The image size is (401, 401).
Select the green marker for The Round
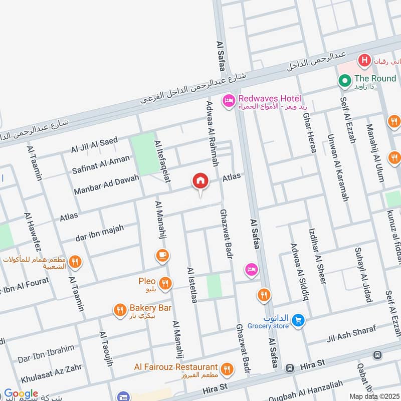(x=344, y=80)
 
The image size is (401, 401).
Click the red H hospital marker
(x=364, y=61)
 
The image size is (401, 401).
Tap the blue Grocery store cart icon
(x=298, y=320)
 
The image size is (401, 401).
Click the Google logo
(x=21, y=394)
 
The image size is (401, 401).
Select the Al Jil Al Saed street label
(x=94, y=145)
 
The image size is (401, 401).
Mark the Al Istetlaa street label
(x=191, y=285)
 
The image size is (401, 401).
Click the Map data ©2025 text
(x=373, y=395)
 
